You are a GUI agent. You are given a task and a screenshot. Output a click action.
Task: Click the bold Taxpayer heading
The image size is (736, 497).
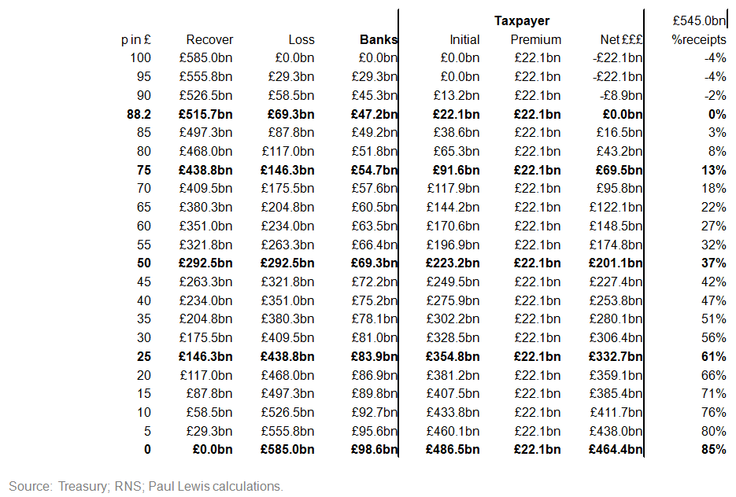521,21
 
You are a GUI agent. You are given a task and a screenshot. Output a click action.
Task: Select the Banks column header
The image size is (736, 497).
378,39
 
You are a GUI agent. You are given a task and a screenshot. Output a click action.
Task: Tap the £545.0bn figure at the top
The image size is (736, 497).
699,21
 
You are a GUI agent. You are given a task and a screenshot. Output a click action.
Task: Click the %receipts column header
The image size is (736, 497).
698,39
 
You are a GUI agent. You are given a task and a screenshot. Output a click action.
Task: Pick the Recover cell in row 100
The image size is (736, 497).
205,58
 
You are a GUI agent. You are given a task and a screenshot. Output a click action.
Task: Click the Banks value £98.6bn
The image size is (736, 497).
374,450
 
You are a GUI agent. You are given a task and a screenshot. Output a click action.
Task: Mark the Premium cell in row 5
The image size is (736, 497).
538,431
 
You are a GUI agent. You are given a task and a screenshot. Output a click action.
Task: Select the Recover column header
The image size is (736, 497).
209,39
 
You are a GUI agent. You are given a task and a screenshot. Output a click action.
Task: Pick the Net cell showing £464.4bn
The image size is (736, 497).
615,450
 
